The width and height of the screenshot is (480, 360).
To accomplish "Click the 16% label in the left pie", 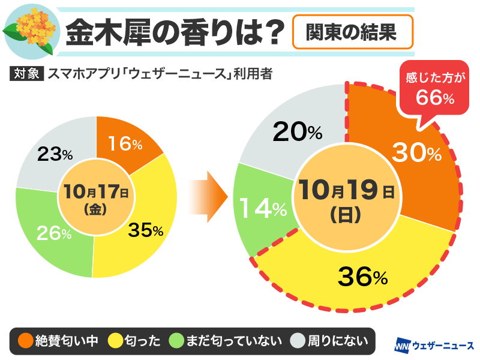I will click(125, 143).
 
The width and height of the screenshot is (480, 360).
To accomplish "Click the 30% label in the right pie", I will click(416, 154).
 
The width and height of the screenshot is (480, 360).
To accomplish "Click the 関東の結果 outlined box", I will click(353, 31).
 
